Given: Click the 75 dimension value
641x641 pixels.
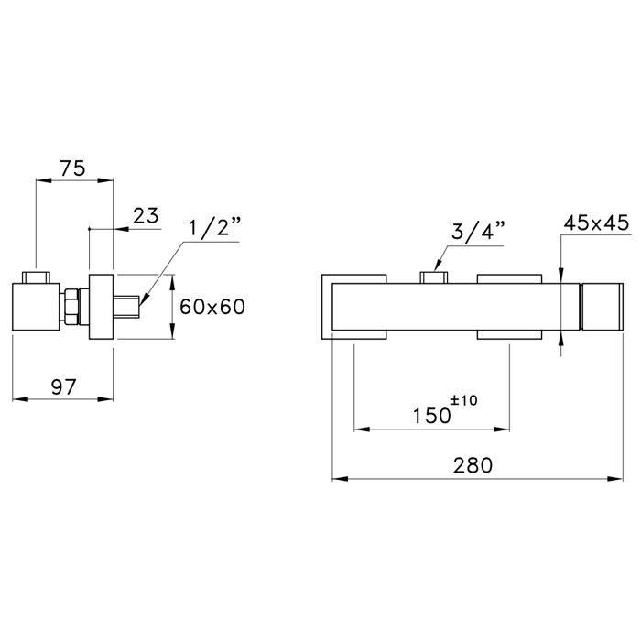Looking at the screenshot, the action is [x=72, y=168].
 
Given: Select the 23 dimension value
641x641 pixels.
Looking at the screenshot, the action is [x=146, y=215].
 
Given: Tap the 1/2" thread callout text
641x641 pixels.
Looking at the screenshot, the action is [x=215, y=228].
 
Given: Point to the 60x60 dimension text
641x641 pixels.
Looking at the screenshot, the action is [x=212, y=307].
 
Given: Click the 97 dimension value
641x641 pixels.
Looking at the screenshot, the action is [x=64, y=387].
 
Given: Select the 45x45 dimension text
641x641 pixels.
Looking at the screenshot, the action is [x=596, y=223].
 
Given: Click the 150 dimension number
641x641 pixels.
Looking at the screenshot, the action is [x=431, y=416].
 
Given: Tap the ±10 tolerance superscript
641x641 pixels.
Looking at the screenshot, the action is [x=463, y=400].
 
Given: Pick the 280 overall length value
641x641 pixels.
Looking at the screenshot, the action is [x=473, y=465].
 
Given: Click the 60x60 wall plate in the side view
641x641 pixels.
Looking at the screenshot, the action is [x=101, y=307].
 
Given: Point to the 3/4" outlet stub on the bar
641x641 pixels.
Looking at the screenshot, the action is [x=434, y=277].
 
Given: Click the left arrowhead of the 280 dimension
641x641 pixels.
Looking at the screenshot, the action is [x=340, y=479].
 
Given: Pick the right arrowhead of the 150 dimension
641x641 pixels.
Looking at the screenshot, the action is [x=502, y=429].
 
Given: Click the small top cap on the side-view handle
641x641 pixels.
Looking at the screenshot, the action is [x=36, y=277].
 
